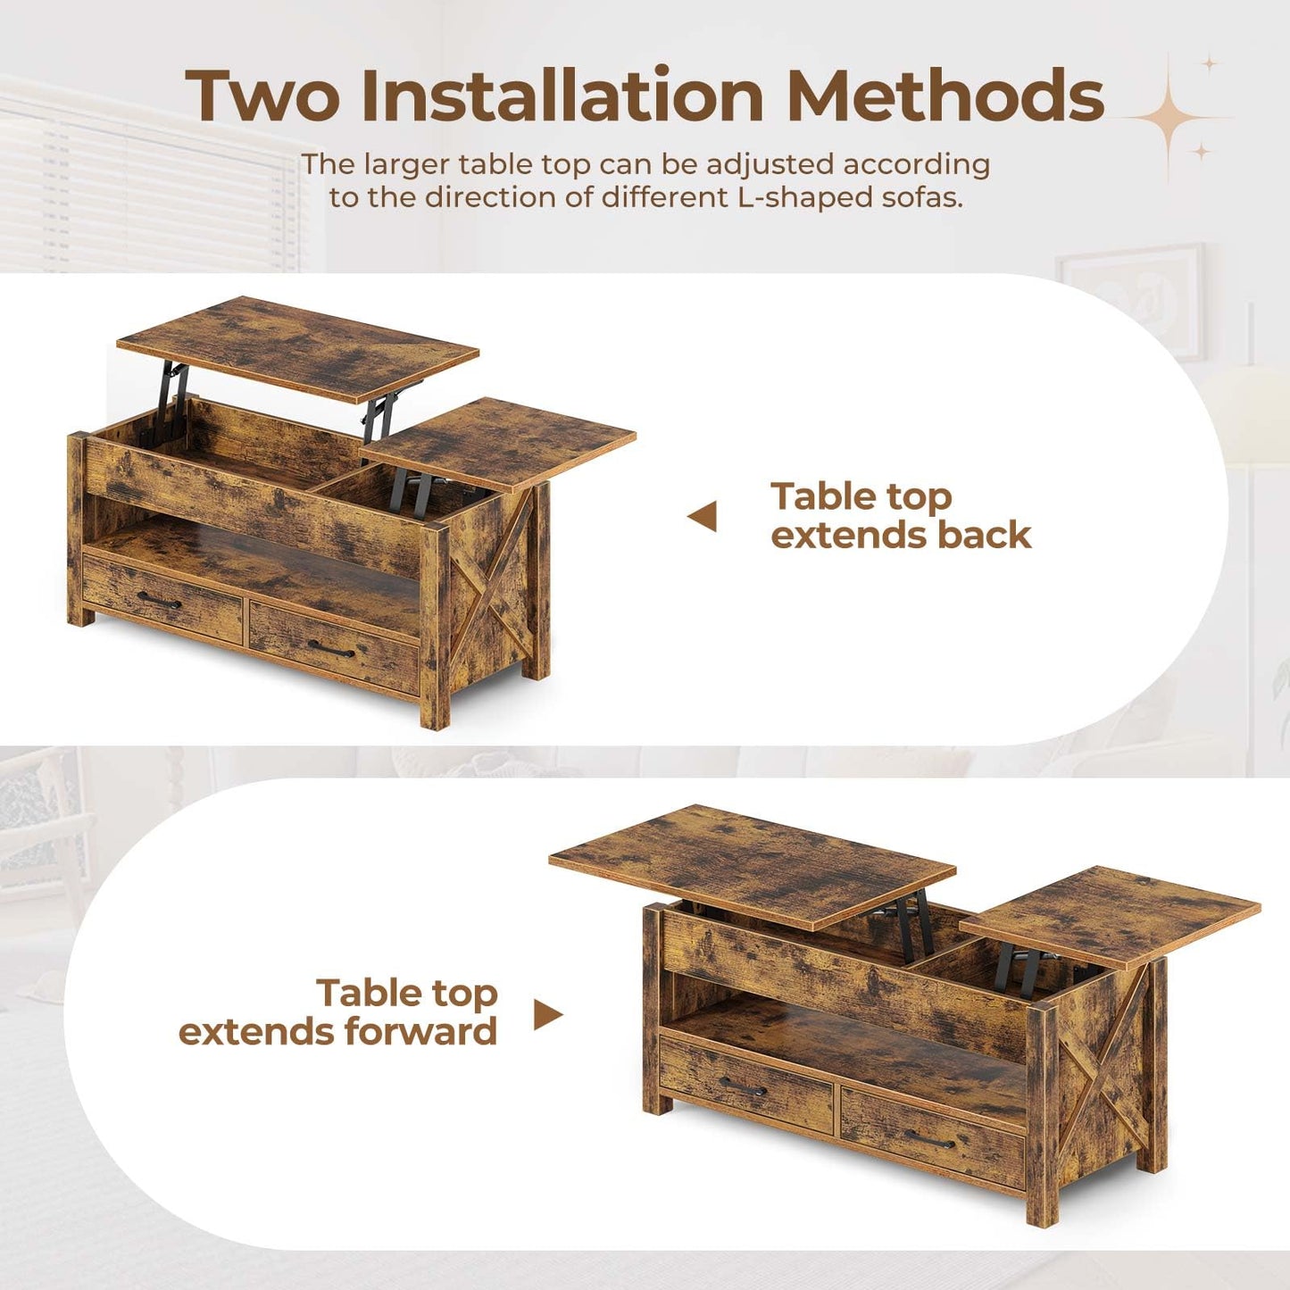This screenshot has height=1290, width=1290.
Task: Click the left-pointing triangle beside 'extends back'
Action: [x=703, y=516]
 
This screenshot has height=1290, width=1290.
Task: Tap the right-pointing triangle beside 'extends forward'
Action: [x=547, y=1014]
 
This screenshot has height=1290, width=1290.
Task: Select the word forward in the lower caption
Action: [x=420, y=1032]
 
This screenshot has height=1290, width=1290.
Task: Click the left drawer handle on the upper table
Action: [x=159, y=603]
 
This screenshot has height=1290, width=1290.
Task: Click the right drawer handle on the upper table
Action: [x=331, y=649]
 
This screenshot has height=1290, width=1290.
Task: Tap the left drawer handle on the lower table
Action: [x=743, y=1086]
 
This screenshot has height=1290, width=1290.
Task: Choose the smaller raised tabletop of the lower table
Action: [x=1110, y=915]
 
